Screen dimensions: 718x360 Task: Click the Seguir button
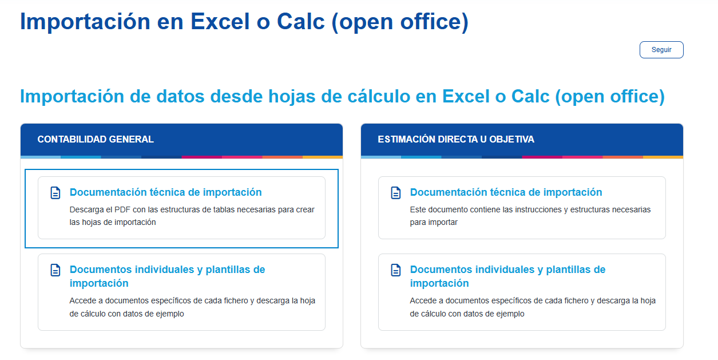(x=661, y=50)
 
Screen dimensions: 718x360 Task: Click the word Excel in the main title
(x=220, y=22)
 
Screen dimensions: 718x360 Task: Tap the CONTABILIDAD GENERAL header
(x=96, y=139)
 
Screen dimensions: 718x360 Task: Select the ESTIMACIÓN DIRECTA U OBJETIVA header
(x=456, y=139)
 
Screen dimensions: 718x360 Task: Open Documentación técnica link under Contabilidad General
(x=166, y=192)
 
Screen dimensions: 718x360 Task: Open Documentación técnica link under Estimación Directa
(x=506, y=192)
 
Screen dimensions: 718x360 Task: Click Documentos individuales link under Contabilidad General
(x=167, y=276)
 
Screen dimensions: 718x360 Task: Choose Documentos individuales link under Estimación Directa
(x=507, y=276)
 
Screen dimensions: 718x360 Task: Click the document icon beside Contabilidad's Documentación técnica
(x=55, y=193)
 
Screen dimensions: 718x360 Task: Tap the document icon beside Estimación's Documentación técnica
(x=395, y=193)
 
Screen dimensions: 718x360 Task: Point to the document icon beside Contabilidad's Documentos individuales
(x=55, y=270)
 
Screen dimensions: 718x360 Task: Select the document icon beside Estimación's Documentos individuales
(x=395, y=270)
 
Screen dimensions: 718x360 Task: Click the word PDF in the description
(x=122, y=209)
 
